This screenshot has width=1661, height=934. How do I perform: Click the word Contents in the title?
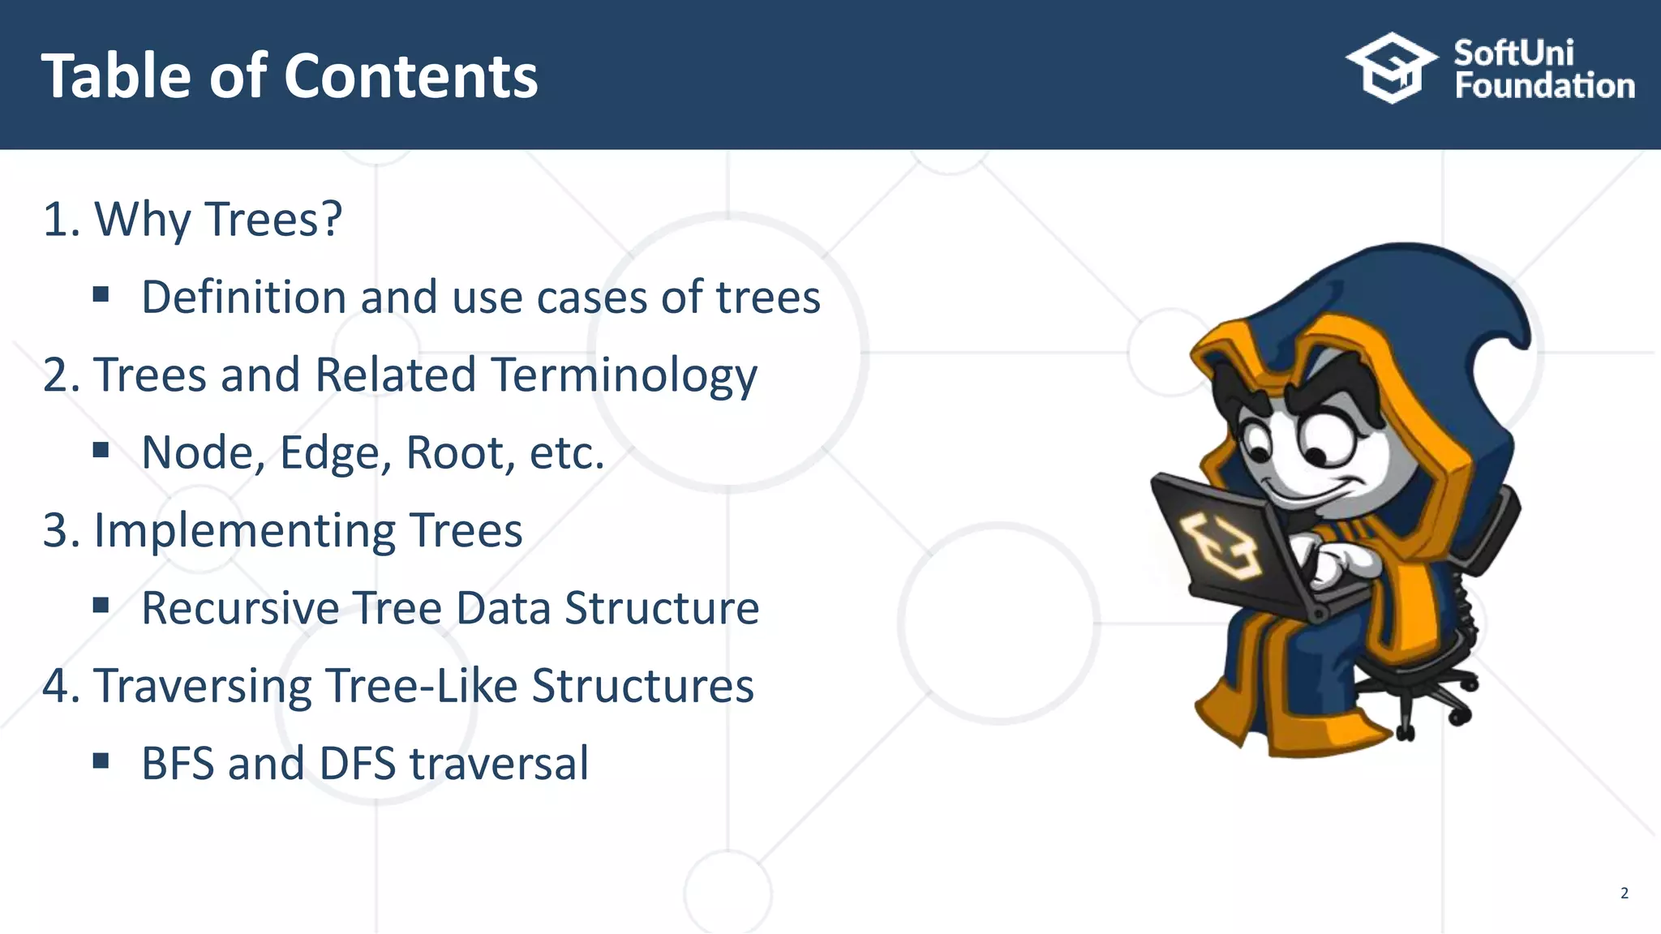[410, 76]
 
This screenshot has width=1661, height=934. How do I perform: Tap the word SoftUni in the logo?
[1513, 54]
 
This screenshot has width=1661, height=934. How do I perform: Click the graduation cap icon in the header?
[1392, 68]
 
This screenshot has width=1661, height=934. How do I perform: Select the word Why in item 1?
[143, 220]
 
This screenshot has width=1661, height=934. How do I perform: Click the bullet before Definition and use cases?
[101, 294]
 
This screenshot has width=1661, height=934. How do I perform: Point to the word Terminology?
[624, 375]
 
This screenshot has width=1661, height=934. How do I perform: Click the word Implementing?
[245, 531]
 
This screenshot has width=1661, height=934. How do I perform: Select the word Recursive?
[240, 608]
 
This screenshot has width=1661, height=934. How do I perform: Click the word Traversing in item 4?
[203, 686]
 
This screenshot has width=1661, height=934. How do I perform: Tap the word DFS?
[357, 764]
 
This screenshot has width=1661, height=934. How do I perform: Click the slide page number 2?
[1624, 893]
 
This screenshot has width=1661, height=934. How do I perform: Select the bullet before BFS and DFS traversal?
[101, 761]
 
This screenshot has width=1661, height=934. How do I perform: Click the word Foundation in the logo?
[1544, 86]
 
